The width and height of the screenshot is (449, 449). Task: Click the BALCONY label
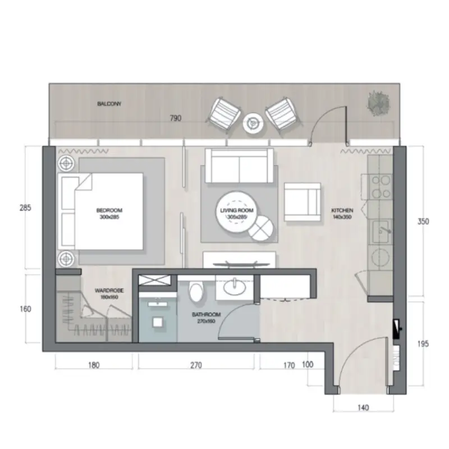pos(109,104)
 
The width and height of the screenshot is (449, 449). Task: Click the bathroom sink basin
pos(233,288)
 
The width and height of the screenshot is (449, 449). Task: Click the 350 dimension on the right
pos(423,221)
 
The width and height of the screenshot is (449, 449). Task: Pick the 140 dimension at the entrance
pos(363,408)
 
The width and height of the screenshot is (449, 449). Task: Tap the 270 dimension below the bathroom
pos(195,365)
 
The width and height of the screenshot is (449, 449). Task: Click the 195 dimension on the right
pos(423,343)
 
